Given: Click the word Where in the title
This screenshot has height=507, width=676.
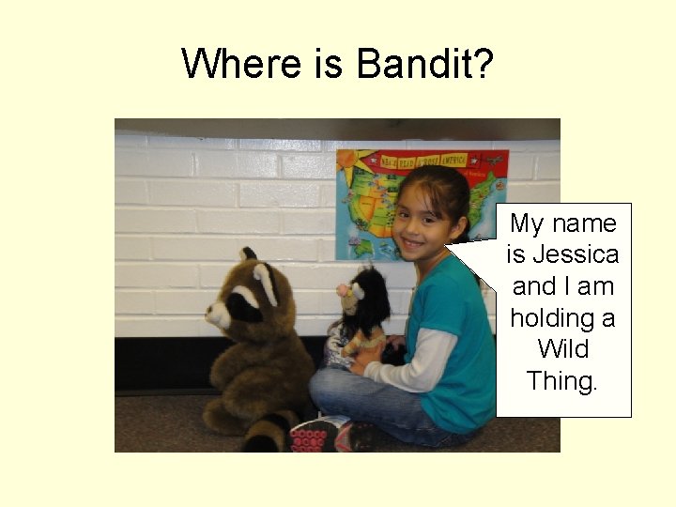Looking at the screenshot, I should pos(232,64).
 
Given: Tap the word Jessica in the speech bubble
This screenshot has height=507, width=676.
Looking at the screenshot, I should pos(576,254).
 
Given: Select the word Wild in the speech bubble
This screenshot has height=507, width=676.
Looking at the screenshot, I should pos(563,349).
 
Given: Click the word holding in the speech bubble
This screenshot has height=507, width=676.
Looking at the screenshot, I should pos(562,318).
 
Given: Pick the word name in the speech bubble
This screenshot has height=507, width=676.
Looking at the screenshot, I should pos(584,223).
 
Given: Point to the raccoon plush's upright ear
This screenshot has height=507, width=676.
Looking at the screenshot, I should pos(248,255).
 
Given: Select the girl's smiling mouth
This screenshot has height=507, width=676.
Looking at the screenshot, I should pos(414,243).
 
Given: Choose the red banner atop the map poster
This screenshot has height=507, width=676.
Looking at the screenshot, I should pos(422,157).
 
